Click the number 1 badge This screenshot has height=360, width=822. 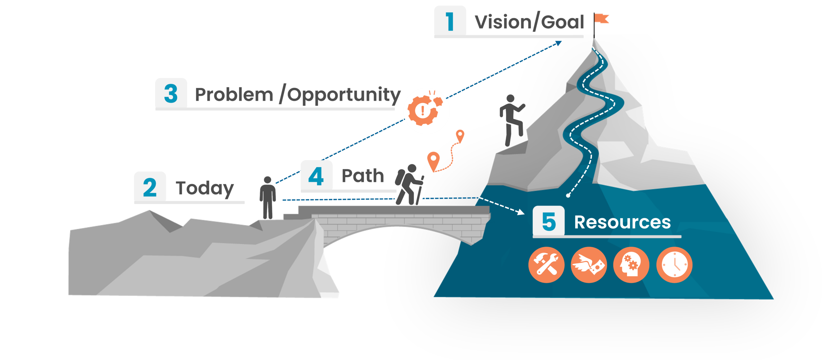tap(450, 21)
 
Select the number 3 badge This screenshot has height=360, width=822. tap(171, 94)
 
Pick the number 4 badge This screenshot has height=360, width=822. tap(316, 176)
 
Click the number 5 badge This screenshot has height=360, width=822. tap(549, 222)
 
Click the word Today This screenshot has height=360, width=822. tap(205, 188)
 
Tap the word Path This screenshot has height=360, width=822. tap(363, 176)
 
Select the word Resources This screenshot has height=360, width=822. tap(622, 222)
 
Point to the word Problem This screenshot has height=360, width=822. tap(234, 95)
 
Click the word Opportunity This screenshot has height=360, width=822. tap(344, 95)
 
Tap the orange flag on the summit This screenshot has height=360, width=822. tap(601, 19)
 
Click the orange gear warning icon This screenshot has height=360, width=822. tap(426, 110)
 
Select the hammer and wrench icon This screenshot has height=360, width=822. tap(546, 265)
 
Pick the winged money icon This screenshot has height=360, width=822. tap(589, 265)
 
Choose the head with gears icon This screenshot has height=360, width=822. tap(631, 265)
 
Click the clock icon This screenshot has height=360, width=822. tap(674, 265)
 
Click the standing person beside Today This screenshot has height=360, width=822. tap(267, 197)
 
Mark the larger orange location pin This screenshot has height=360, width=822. tap(433, 161)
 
